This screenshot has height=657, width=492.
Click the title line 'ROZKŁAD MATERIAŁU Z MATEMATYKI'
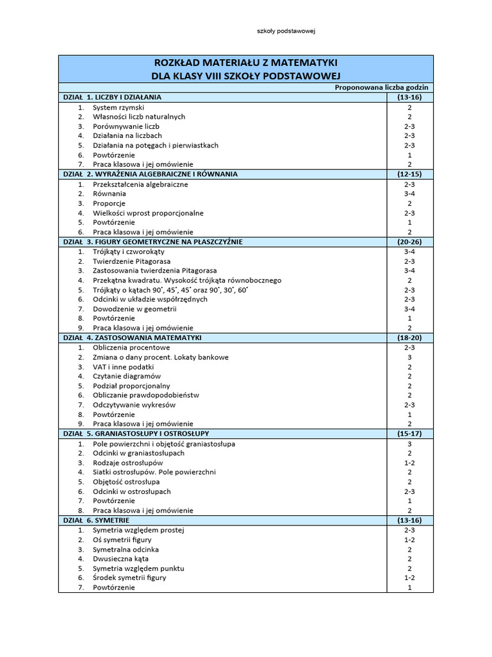coord(245,62)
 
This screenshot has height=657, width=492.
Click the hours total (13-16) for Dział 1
coord(409,97)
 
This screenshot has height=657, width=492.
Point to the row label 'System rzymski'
coord(119,107)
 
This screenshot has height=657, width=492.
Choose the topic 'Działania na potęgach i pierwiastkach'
coord(156,145)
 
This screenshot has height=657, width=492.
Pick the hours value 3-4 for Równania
coord(409,193)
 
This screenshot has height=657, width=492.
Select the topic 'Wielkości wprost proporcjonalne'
coord(148,212)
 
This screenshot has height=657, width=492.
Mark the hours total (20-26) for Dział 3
coord(409,242)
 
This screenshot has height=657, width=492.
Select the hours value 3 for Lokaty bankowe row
coord(409,357)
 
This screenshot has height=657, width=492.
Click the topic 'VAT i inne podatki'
coord(124,366)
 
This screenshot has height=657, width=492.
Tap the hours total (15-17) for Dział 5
coord(409,434)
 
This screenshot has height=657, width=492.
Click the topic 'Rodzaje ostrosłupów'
coord(128,463)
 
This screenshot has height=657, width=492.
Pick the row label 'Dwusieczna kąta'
coord(121,559)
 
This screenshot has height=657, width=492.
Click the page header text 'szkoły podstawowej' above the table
coord(283,30)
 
